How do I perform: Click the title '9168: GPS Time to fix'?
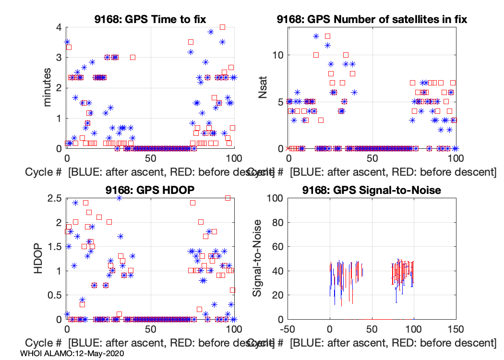(150, 20)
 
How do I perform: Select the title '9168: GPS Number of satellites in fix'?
(372, 20)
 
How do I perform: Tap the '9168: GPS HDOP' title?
(150, 190)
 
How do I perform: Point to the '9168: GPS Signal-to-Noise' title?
(372, 190)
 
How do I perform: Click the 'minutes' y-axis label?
(48, 88)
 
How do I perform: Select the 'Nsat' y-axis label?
(263, 88)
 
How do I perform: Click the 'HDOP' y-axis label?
(39, 258)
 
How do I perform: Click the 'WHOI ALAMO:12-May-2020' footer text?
(72, 353)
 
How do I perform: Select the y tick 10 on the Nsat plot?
(276, 55)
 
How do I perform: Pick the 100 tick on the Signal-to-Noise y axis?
(273, 198)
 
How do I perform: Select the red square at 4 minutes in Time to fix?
(222, 27)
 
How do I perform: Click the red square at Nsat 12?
(327, 36)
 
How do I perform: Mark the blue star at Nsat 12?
(316, 36)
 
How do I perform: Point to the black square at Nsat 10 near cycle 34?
(346, 55)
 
